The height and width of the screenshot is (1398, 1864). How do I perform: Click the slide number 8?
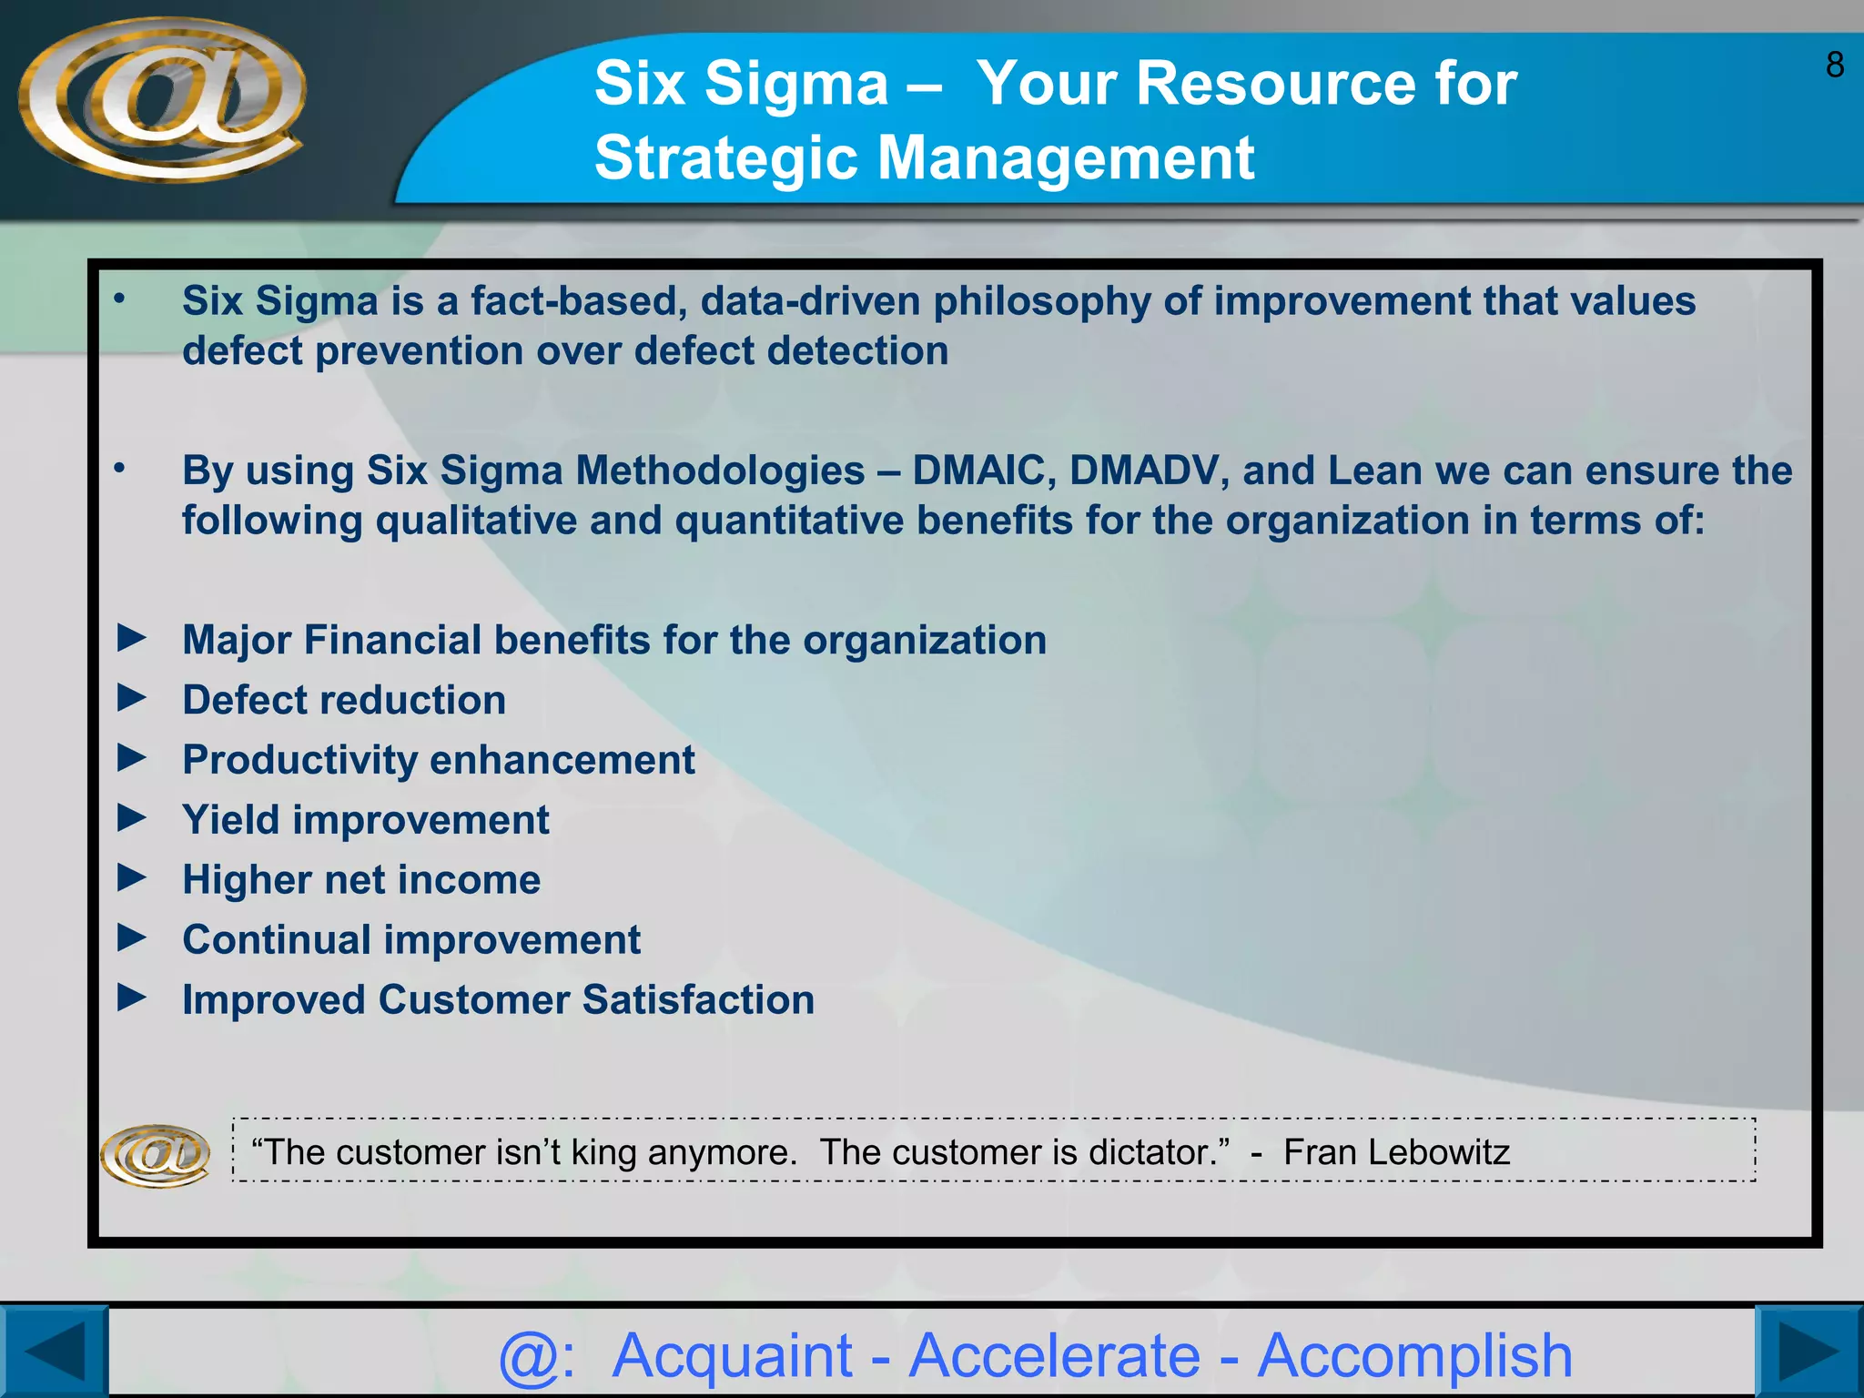tap(1834, 66)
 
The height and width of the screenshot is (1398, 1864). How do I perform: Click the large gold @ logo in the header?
tap(162, 98)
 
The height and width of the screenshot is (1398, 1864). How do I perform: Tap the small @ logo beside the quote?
tap(155, 1155)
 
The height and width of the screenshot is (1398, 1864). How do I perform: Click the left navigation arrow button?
tap(53, 1352)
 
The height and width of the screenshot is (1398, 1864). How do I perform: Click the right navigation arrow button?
tap(1809, 1352)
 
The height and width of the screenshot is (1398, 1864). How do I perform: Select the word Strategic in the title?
tap(725, 158)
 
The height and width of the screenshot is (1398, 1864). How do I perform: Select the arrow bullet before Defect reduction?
tap(132, 699)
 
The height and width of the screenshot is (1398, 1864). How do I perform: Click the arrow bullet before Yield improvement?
tap(132, 818)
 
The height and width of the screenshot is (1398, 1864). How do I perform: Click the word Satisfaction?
tap(698, 999)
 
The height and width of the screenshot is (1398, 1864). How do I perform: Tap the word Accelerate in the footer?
tap(1055, 1356)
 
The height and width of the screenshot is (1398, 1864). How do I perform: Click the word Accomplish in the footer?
tap(1414, 1356)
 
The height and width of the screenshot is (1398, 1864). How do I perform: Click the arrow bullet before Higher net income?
tap(132, 878)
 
